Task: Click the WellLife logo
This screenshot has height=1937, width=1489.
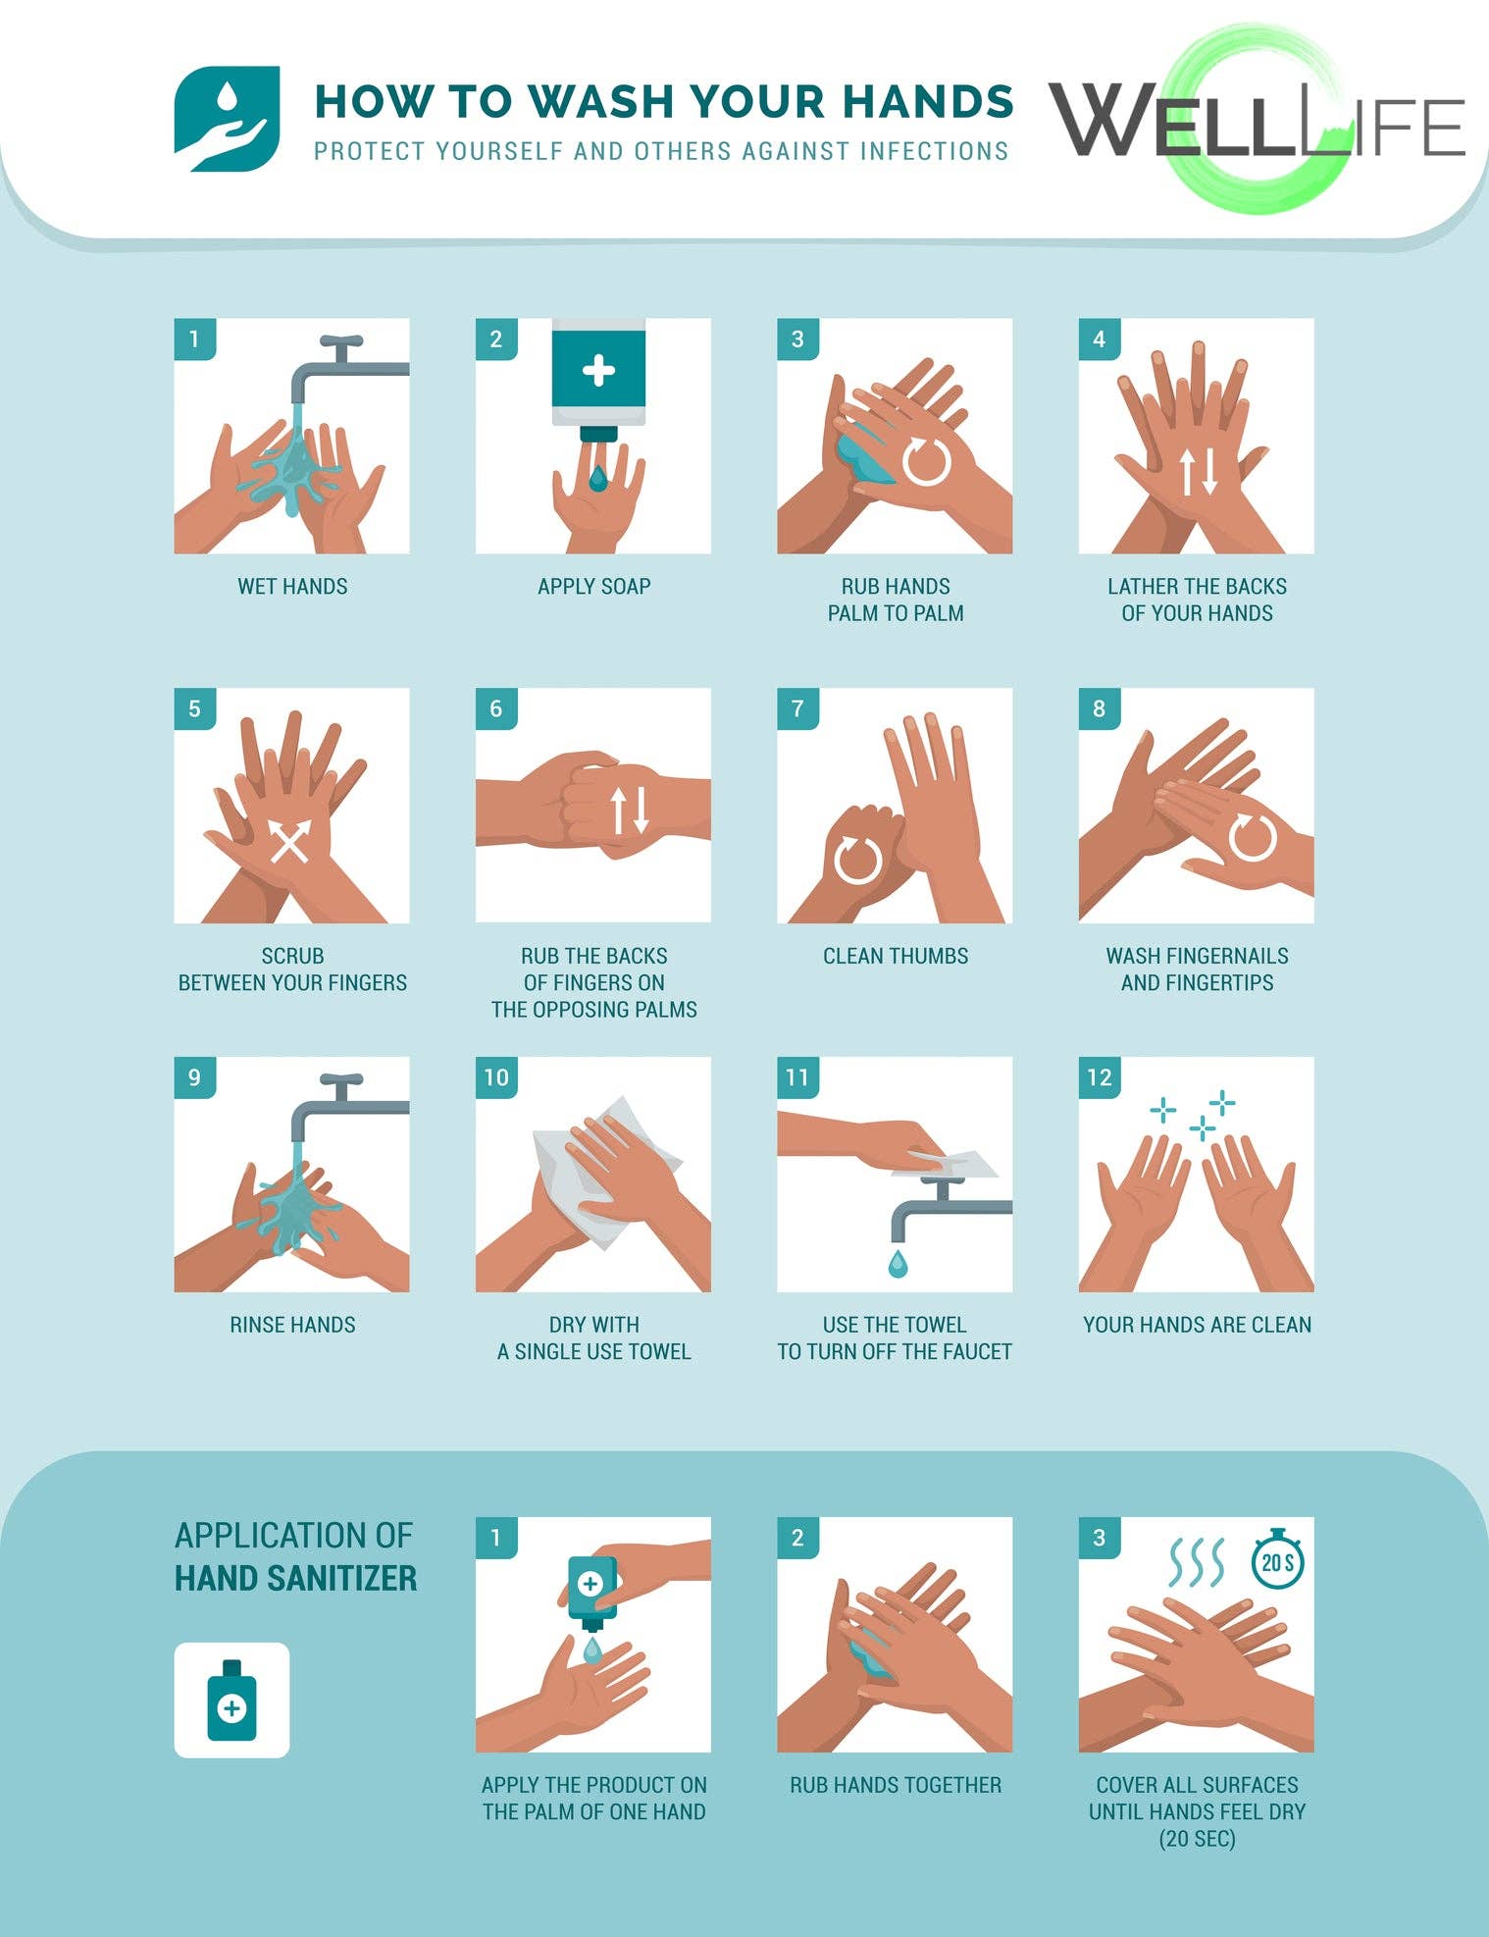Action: (1258, 120)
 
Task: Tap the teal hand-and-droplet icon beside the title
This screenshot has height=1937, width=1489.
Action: (227, 119)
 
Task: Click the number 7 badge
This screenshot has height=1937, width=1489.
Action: (797, 708)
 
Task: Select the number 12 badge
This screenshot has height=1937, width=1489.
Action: (1100, 1077)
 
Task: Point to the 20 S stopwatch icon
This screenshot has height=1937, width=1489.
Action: (1277, 1561)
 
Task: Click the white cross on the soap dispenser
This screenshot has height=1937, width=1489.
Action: (598, 371)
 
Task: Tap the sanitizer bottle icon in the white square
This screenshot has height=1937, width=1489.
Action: (231, 1701)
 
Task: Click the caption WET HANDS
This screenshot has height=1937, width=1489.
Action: (292, 587)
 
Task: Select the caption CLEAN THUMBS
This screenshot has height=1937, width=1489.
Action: (896, 956)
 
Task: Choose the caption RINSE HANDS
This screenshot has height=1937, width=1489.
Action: (292, 1325)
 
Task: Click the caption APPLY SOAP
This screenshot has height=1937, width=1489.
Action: (594, 587)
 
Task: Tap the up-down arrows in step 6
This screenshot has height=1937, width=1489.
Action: (629, 811)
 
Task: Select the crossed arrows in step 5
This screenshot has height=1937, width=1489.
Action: (290, 841)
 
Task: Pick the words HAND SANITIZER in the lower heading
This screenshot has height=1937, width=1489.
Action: (295, 1578)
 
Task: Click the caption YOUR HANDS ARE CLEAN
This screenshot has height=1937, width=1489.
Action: (1197, 1325)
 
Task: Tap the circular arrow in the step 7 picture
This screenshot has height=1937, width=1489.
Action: (856, 860)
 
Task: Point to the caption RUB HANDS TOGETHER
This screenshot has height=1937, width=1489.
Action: (896, 1785)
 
